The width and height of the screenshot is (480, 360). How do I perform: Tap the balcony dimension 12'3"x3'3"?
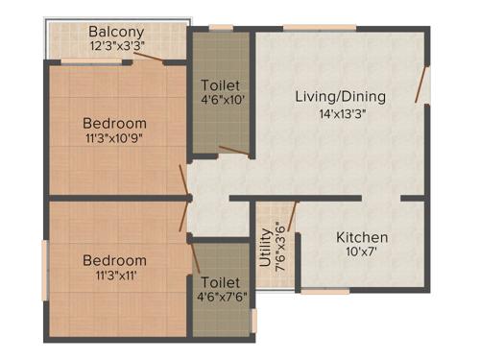click(x=116, y=45)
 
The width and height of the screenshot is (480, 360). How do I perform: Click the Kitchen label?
click(x=362, y=237)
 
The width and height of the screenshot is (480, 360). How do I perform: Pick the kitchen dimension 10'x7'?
click(x=362, y=254)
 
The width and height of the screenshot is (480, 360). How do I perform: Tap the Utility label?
click(x=265, y=248)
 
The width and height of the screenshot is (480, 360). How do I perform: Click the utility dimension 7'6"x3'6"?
click(x=279, y=248)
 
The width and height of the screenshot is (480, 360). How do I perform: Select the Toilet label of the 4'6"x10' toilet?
click(x=221, y=84)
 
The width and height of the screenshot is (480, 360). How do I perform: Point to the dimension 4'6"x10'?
click(x=221, y=99)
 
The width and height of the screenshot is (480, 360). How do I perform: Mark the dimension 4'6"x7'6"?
click(x=221, y=297)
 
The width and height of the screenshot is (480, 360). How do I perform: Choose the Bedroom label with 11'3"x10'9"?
click(x=114, y=123)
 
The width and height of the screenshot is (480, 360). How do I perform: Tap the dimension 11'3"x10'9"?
click(x=114, y=139)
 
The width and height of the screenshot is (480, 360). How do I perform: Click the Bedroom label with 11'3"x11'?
click(x=114, y=260)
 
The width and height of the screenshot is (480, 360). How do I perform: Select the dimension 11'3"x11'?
click(x=114, y=276)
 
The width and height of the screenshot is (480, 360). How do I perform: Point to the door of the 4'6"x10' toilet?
click(x=232, y=150)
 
